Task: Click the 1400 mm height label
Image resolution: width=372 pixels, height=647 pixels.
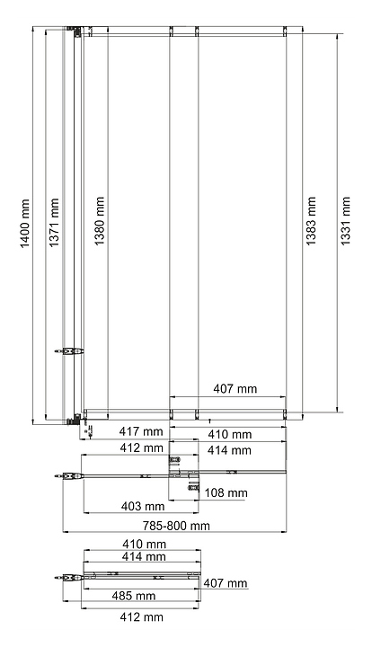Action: point(25,224)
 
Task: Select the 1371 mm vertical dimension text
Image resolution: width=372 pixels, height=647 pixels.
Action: point(54,223)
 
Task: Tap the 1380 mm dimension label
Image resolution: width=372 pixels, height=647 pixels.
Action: point(100,221)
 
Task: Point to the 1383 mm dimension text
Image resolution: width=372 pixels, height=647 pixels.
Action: point(311,221)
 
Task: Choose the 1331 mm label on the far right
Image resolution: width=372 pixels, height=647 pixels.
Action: point(345,221)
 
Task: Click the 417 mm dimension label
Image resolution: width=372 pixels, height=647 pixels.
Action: point(141,431)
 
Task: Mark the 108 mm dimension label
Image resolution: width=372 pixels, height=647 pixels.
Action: point(226,492)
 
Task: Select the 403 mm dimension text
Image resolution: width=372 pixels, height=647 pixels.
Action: point(143,506)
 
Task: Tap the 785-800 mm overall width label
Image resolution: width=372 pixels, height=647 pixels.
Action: point(176,526)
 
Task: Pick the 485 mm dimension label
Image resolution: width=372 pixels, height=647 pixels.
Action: point(134,596)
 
